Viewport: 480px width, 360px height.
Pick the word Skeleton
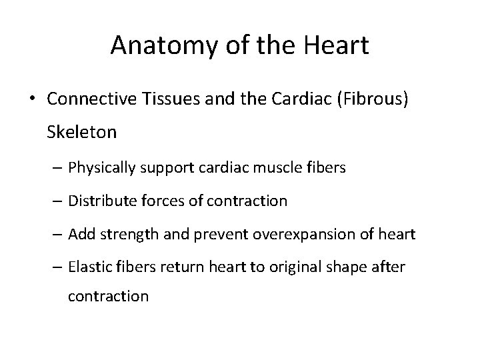point(82,132)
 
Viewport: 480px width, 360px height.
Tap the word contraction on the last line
point(109,296)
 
